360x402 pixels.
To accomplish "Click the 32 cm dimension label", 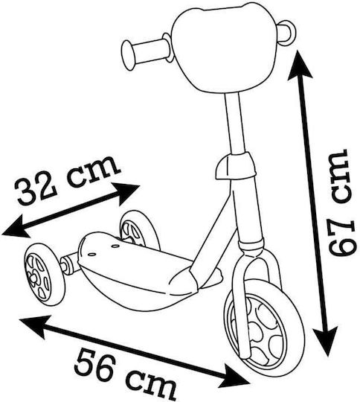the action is (68, 180).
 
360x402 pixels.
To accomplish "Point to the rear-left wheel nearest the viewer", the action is (45, 275).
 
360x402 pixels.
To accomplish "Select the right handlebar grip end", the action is (287, 33).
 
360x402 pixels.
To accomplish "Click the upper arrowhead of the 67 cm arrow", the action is (299, 65).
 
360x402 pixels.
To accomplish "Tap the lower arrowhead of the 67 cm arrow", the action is (326, 340).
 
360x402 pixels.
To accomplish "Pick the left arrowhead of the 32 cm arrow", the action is (15, 226).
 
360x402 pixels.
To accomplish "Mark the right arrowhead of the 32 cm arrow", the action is (127, 193).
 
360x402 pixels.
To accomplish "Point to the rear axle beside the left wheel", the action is (68, 264).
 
